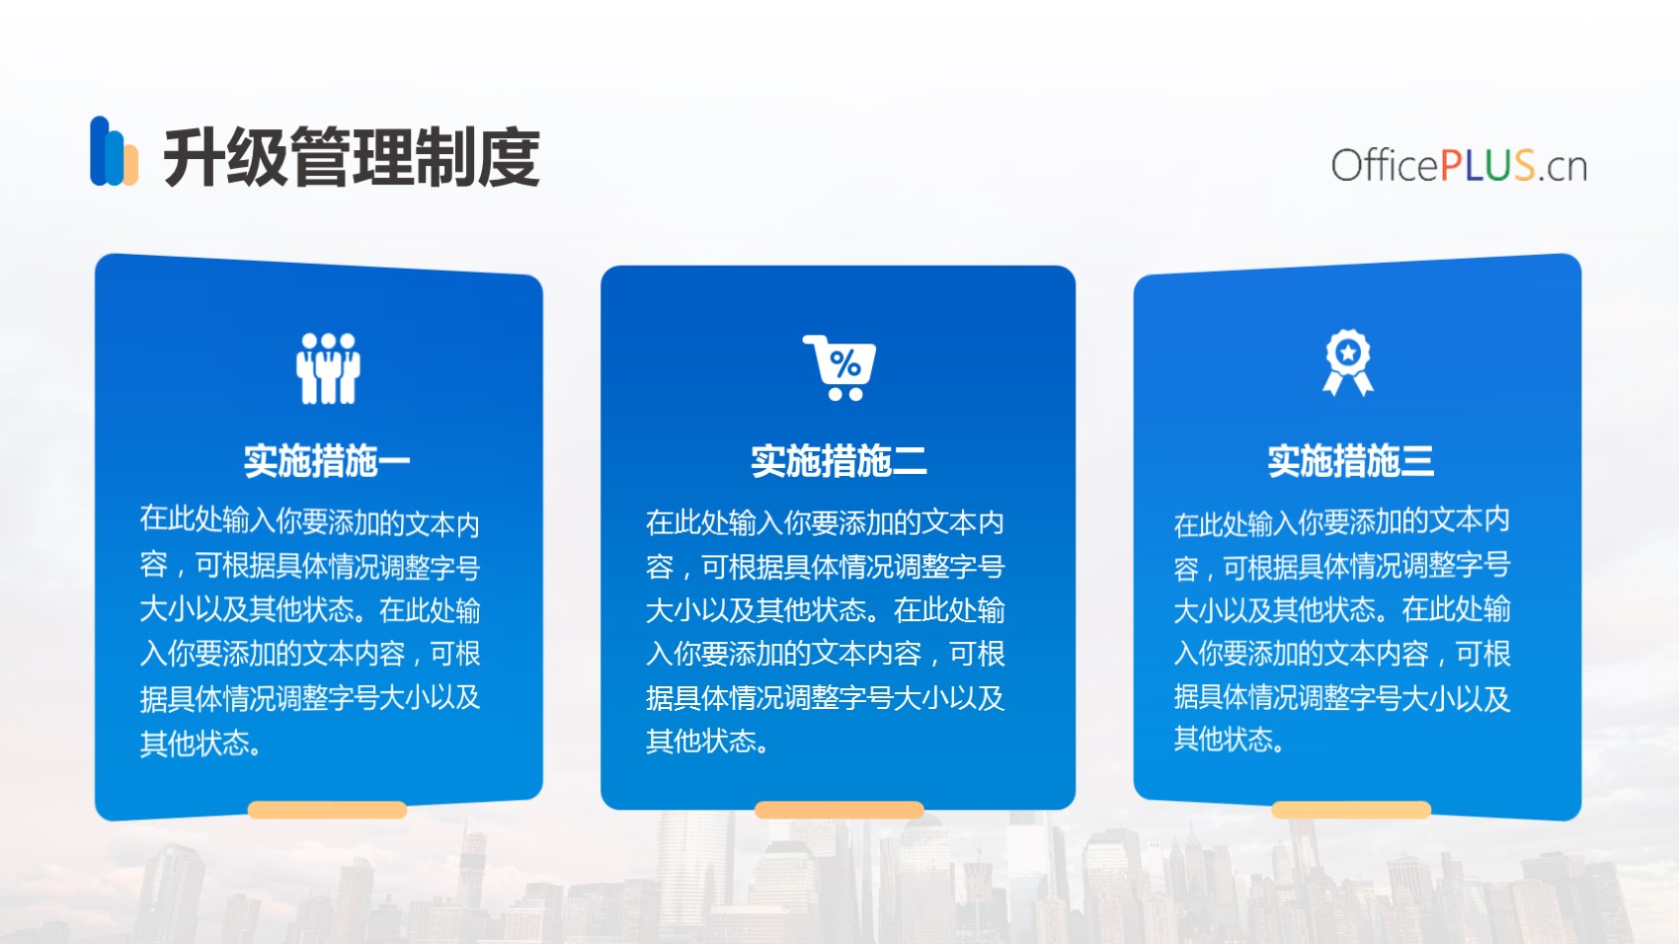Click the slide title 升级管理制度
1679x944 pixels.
pos(352,157)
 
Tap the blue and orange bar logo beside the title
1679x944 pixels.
pos(114,151)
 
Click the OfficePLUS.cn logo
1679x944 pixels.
pos(1459,165)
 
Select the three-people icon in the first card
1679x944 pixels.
pos(328,368)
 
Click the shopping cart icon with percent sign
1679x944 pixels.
pos(839,367)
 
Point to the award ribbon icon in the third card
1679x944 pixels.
pos(1348,362)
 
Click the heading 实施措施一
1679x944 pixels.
pos(327,461)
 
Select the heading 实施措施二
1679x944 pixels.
pos(839,461)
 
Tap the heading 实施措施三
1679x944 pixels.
pos(1351,461)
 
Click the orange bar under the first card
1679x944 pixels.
pos(328,810)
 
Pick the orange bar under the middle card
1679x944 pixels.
pos(839,810)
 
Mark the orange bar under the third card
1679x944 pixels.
pos(1351,810)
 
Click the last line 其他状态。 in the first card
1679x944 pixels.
pos(200,744)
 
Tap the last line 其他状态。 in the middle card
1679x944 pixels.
pos(707,741)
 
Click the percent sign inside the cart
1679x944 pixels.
pos(845,365)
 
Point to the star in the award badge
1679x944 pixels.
pos(1348,351)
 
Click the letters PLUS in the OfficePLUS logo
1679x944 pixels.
pos(1487,165)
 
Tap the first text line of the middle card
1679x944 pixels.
pos(825,522)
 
